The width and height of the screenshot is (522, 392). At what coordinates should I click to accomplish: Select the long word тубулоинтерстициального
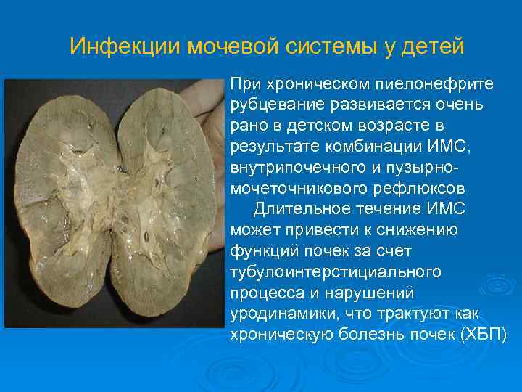pyautogui.click(x=336, y=273)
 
